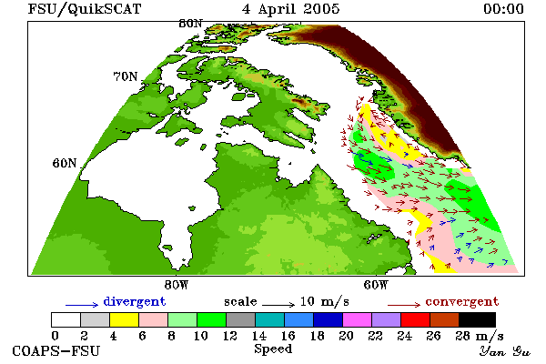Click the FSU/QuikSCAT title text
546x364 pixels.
[x=85, y=9]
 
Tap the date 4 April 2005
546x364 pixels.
[x=291, y=9]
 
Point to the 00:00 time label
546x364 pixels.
[x=503, y=9]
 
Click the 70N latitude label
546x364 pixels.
[x=126, y=76]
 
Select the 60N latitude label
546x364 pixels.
[x=65, y=163]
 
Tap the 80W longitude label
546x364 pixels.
[x=177, y=285]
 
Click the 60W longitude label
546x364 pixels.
[x=376, y=285]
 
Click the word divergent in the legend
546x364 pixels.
[x=135, y=301]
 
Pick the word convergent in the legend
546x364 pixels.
[x=462, y=301]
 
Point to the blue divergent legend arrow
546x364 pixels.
[x=82, y=305]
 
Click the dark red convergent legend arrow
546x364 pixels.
[x=404, y=305]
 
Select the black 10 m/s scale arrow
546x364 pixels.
[x=278, y=305]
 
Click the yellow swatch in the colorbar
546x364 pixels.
[x=124, y=319]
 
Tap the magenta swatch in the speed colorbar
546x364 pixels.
[x=358, y=319]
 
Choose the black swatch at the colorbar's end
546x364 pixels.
[x=477, y=319]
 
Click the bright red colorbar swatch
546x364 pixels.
[x=416, y=319]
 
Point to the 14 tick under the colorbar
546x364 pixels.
[x=259, y=336]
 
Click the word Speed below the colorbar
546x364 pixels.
[x=273, y=349]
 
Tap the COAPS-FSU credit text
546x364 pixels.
[x=56, y=350]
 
